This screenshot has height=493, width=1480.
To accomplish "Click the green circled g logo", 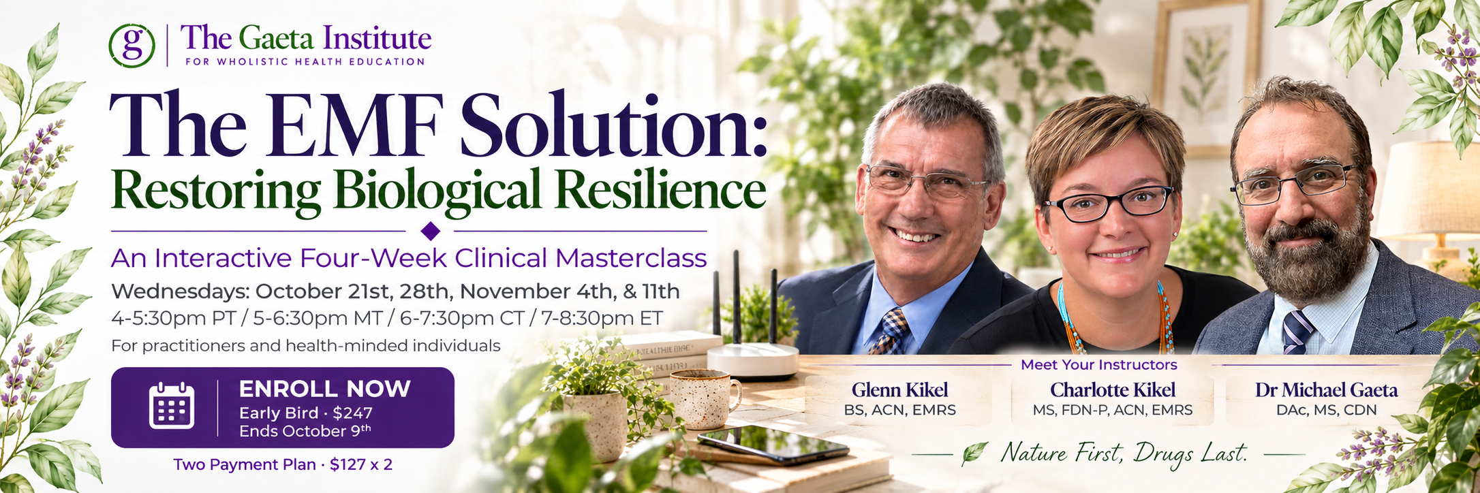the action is click(x=132, y=45).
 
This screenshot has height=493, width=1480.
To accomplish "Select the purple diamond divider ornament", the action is click(x=431, y=232).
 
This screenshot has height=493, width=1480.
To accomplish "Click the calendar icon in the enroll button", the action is click(x=172, y=406).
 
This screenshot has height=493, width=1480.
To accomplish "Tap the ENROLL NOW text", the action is click(x=325, y=389).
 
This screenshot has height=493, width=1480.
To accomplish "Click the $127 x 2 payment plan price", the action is click(x=361, y=464).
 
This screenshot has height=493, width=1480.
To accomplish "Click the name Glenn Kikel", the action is click(x=899, y=389).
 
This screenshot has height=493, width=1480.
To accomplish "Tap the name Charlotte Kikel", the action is click(x=1113, y=389).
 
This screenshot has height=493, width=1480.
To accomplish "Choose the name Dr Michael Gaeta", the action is click(x=1327, y=389).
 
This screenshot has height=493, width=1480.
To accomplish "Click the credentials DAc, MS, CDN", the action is click(x=1327, y=410).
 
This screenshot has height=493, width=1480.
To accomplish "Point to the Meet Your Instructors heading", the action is click(x=1098, y=364).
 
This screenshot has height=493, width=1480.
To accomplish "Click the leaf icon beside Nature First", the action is click(x=975, y=454).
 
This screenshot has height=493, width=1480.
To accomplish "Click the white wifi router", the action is click(x=752, y=359).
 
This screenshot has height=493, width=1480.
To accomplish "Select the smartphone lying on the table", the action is click(x=773, y=444).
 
